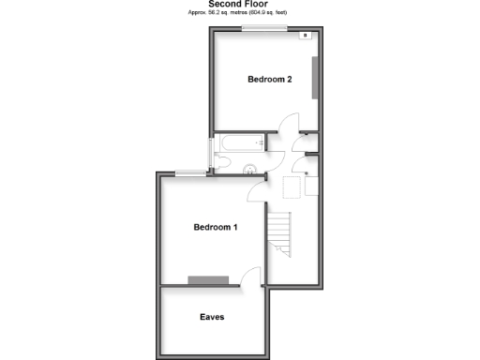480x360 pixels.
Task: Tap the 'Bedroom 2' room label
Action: tap(270, 80)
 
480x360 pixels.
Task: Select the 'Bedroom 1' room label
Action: tap(216, 227)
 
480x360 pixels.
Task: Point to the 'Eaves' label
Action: tap(212, 317)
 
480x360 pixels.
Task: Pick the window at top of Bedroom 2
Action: tap(263, 30)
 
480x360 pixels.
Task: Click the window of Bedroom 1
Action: tap(190, 172)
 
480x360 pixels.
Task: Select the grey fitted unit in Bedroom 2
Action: tap(316, 75)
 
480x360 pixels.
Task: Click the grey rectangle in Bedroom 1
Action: tap(208, 279)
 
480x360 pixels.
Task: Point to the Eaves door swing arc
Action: tap(251, 277)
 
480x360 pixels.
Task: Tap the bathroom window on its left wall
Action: tap(210, 154)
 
